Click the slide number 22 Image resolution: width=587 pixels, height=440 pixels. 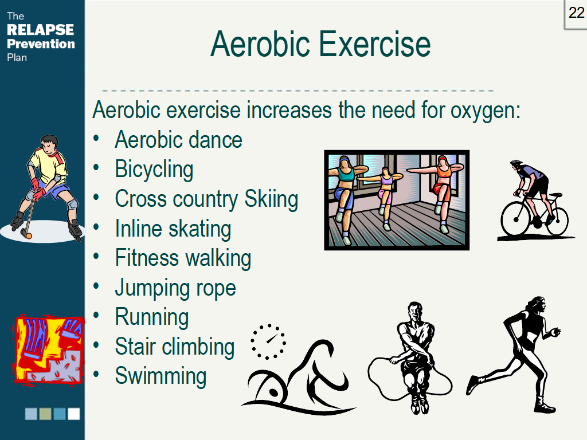pyautogui.click(x=576, y=13)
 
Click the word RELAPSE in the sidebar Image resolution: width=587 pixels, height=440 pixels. pyautogui.click(x=40, y=30)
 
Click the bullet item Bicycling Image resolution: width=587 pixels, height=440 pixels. pyautogui.click(x=154, y=170)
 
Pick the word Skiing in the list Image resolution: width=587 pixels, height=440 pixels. pyautogui.click(x=271, y=199)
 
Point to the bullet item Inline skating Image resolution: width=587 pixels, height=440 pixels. pyautogui.click(x=173, y=229)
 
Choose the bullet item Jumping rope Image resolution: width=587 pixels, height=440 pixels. pyautogui.click(x=175, y=288)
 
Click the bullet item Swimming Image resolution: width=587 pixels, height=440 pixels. pyautogui.click(x=161, y=376)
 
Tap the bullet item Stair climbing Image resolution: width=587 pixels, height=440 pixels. pyautogui.click(x=175, y=347)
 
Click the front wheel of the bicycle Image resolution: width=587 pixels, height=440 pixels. pyautogui.click(x=514, y=221)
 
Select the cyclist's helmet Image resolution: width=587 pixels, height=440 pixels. pyautogui.click(x=516, y=163)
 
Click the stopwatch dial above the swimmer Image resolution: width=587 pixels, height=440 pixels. pyautogui.click(x=268, y=341)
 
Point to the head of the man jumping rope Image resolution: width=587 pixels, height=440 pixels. pyautogui.click(x=414, y=312)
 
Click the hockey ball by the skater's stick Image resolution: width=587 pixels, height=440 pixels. pyautogui.click(x=26, y=234)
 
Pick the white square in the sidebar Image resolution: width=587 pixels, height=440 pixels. pyautogui.click(x=73, y=414)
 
